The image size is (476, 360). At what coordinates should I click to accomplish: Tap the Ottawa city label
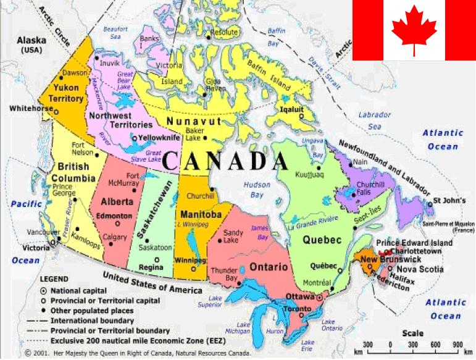click(x=301, y=296)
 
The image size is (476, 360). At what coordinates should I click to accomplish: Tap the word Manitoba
click(x=201, y=214)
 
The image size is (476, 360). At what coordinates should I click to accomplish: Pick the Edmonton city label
click(x=114, y=216)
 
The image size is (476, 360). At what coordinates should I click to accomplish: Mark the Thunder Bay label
click(x=224, y=274)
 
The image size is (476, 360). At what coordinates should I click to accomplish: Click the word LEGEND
click(x=54, y=279)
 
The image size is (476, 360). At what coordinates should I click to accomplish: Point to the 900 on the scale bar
click(x=457, y=344)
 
